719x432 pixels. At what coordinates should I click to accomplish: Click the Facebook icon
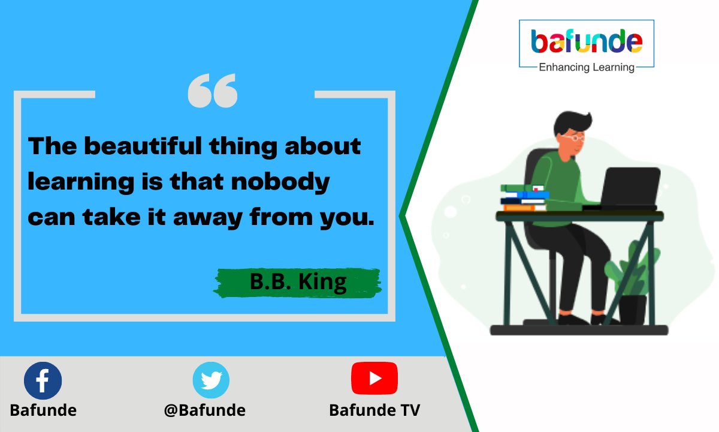[x=43, y=380]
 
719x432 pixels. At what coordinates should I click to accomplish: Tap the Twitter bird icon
[x=211, y=380]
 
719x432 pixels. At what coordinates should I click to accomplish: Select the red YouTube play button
[x=374, y=378]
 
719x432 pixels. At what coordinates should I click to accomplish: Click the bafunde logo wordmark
[x=587, y=41]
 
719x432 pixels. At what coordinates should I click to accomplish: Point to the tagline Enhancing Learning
[x=587, y=67]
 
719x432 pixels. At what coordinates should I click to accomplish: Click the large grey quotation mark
[x=213, y=91]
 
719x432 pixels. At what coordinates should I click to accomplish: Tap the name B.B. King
[x=298, y=282]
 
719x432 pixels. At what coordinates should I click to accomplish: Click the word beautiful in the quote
[x=143, y=146]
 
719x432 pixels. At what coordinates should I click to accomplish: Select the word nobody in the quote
[x=280, y=182]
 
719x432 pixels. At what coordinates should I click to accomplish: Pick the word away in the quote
[x=208, y=218]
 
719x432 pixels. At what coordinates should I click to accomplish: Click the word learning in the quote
[x=81, y=182]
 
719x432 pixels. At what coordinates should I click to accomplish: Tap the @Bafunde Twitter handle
[x=205, y=410]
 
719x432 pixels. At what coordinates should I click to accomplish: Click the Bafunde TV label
[x=374, y=410]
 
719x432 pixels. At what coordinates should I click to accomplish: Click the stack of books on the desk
[x=525, y=198]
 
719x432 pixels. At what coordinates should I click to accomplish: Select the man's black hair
[x=572, y=122]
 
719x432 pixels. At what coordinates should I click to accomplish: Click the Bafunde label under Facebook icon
[x=43, y=410]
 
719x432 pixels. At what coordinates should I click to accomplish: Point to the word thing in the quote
[x=243, y=146]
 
